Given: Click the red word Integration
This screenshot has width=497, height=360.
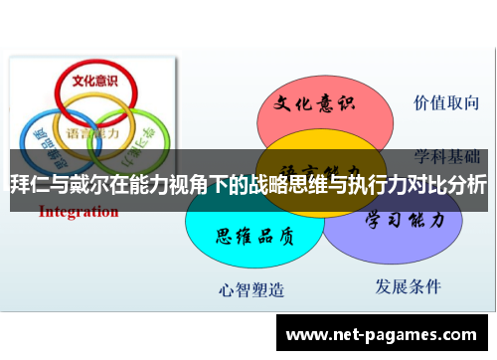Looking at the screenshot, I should (79, 211).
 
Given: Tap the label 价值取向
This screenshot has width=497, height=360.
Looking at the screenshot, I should (446, 102).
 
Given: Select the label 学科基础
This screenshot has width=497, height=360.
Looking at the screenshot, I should (447, 156).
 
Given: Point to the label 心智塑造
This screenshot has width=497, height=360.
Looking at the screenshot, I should (251, 289).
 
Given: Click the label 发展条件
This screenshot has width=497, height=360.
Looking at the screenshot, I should (408, 286).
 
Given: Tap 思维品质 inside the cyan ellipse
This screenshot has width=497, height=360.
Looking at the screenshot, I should (254, 237).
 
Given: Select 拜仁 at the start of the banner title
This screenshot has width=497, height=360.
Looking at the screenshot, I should (28, 184).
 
